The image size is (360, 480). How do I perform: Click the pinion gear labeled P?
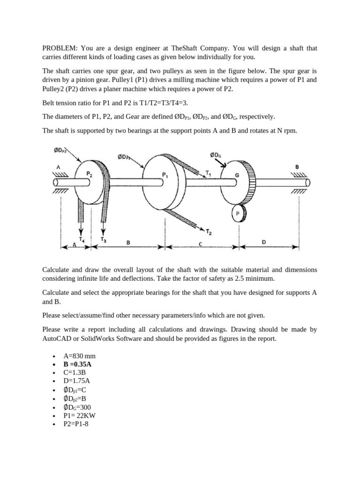point(238,213)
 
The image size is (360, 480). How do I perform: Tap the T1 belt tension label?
point(209,173)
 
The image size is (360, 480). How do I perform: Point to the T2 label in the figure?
point(209,231)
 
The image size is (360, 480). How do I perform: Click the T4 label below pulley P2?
point(82,240)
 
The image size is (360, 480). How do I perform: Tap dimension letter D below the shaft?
point(263,242)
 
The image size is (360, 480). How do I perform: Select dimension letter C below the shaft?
point(200,244)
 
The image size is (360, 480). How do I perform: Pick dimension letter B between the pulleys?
point(128,242)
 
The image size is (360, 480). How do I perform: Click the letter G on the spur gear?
point(237,175)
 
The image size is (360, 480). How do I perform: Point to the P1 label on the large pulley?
point(165,175)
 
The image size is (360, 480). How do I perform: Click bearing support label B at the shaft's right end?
point(297,166)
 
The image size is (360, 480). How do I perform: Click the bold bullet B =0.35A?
point(77,364)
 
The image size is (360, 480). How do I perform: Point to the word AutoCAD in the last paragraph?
point(58,338)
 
